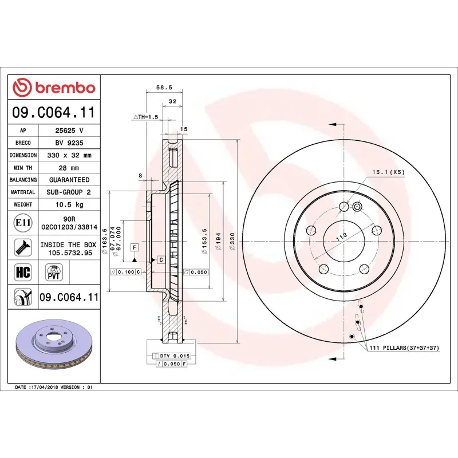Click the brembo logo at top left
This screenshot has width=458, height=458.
pos(54,88)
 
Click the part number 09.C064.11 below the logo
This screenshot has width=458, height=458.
pos(54,113)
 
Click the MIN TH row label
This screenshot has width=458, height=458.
pos(23,168)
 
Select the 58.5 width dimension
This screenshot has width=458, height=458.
pos(164,88)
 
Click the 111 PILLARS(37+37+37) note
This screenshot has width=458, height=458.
pos(404,348)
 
